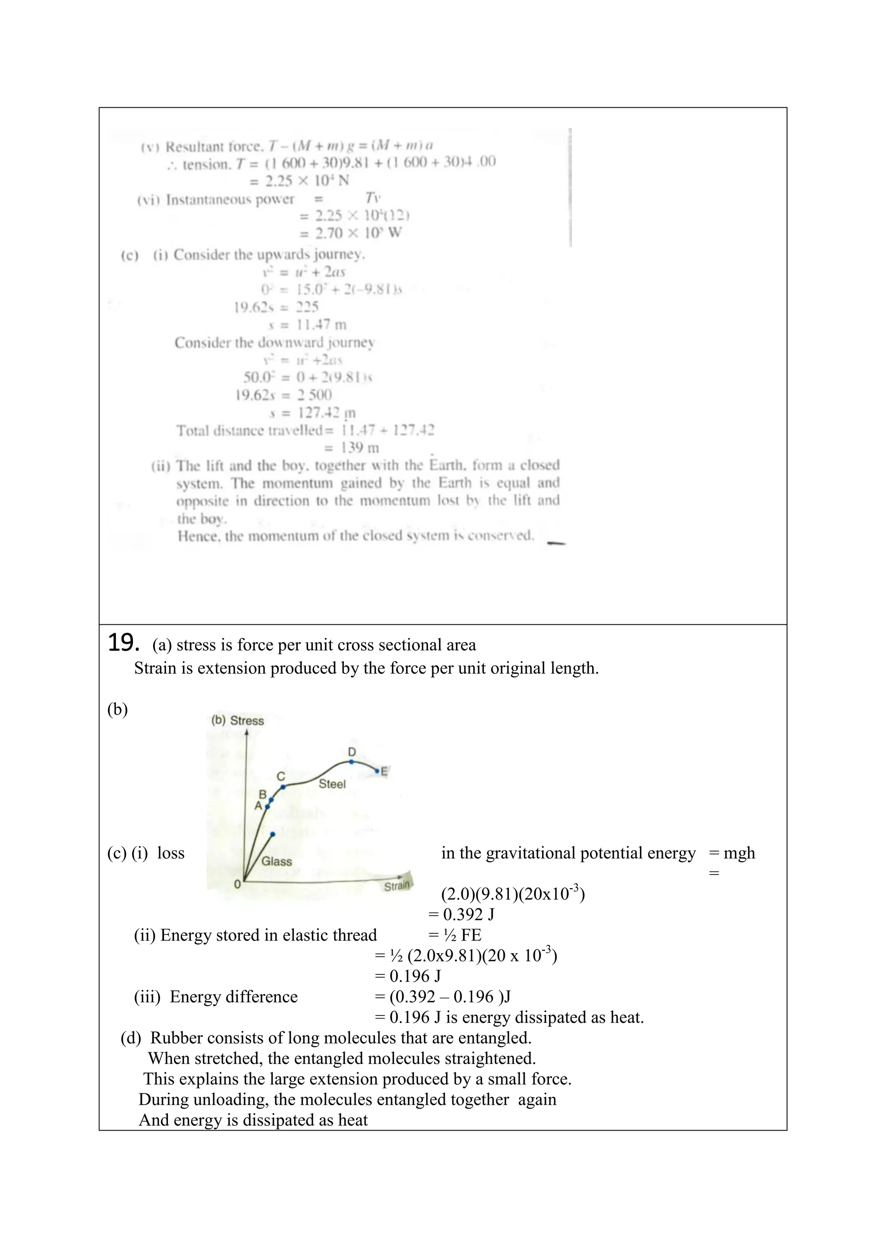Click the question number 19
pos(123,643)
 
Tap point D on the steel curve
pos(352,761)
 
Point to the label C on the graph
pos(280,776)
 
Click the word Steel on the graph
pos(332,784)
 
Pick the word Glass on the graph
pos(276,861)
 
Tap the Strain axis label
pos(397,886)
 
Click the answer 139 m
pos(360,448)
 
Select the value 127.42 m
pos(326,413)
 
